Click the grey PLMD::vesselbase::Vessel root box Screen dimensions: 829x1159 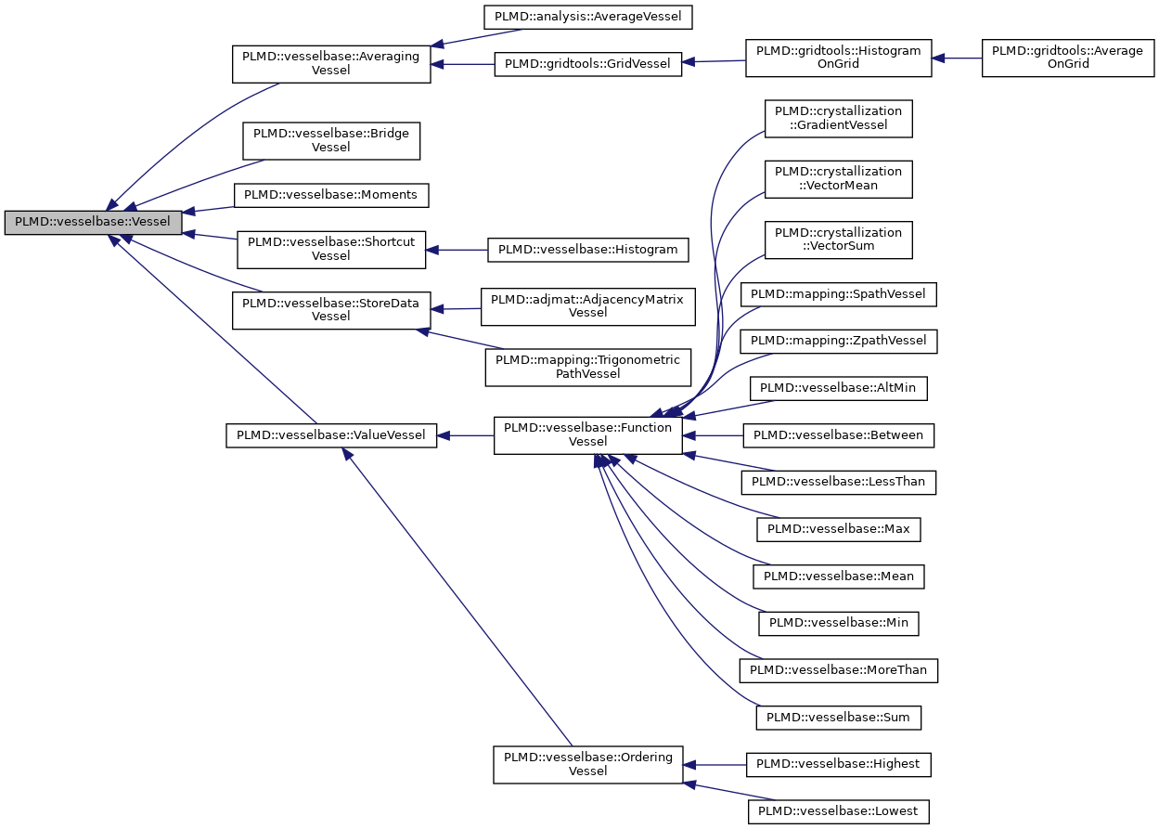(x=93, y=223)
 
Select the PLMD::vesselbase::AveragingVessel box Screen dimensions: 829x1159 (x=330, y=63)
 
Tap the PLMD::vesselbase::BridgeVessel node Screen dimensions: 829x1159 (x=330, y=140)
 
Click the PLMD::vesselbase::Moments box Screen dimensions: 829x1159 (x=330, y=195)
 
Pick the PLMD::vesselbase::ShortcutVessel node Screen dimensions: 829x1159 (x=330, y=249)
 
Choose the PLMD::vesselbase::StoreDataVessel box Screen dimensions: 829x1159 (x=330, y=309)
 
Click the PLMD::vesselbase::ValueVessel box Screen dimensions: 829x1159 (x=330, y=434)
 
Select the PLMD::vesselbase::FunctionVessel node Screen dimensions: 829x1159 (x=587, y=434)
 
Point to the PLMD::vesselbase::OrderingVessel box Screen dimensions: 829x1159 (x=587, y=764)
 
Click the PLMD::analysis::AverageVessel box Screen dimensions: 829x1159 (x=588, y=17)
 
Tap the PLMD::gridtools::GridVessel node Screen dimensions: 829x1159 (x=588, y=64)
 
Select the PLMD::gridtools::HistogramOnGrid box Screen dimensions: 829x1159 (x=838, y=57)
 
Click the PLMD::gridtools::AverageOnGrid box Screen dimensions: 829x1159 (x=1067, y=58)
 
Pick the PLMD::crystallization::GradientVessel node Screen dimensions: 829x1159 (x=838, y=118)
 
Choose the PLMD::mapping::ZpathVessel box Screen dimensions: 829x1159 (x=838, y=341)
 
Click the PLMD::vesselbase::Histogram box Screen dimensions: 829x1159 (x=588, y=249)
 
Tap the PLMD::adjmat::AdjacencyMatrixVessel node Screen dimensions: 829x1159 (x=587, y=305)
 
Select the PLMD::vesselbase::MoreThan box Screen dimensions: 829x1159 (x=838, y=669)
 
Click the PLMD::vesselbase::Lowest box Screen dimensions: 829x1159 (x=838, y=811)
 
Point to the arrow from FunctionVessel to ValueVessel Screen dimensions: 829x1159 (x=465, y=434)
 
